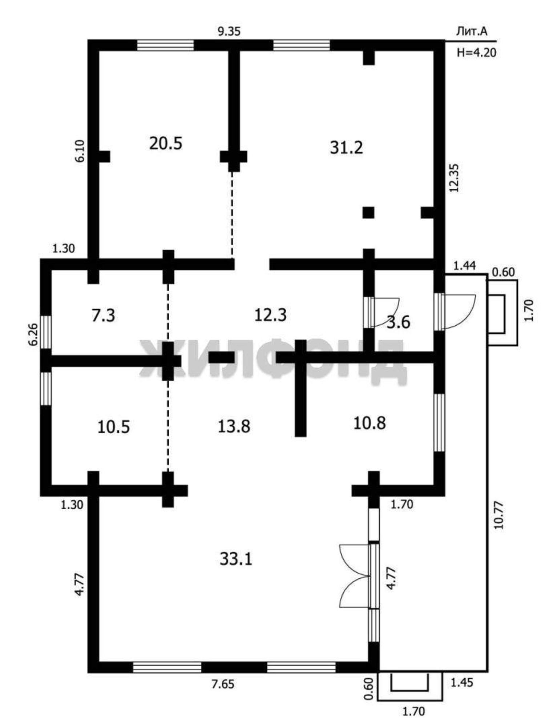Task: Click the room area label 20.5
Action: click(x=166, y=143)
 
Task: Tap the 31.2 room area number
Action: click(x=346, y=148)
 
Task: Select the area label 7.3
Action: click(x=104, y=315)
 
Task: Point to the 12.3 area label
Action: click(x=270, y=315)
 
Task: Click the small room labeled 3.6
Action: click(x=398, y=322)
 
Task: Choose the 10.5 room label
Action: click(x=114, y=427)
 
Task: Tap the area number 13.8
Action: click(x=234, y=426)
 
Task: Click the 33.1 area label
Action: click(x=236, y=559)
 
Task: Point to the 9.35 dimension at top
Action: click(x=229, y=32)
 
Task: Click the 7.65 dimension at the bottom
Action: click(x=223, y=684)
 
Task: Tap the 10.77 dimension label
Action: click(x=499, y=515)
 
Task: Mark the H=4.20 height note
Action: click(x=476, y=53)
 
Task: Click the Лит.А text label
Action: click(x=472, y=32)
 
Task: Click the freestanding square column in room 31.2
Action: click(x=368, y=212)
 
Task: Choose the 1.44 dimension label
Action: click(x=464, y=266)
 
